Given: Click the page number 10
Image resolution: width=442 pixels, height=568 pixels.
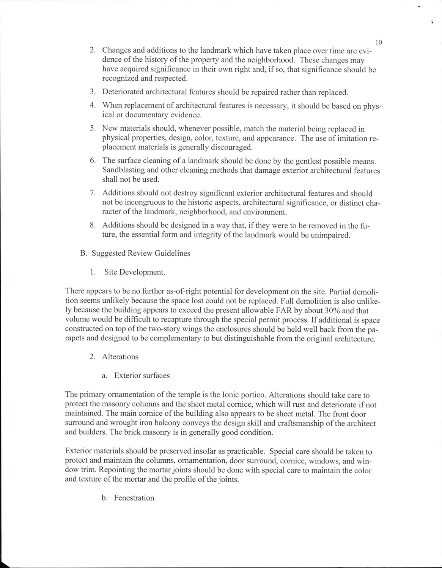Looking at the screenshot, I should pos(378,42).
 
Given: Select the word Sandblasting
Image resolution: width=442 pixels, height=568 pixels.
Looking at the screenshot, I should pos(123,170).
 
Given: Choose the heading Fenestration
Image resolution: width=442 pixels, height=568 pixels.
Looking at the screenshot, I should pos(134,498).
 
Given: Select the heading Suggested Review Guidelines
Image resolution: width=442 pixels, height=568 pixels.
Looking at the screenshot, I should pos(141,253).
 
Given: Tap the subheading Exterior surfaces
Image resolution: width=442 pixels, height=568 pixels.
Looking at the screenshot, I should pos(142,376).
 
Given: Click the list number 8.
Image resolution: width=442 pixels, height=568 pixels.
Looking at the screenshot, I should pos(92,225).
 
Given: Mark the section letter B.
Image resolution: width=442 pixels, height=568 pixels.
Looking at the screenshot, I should pos(83,253).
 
